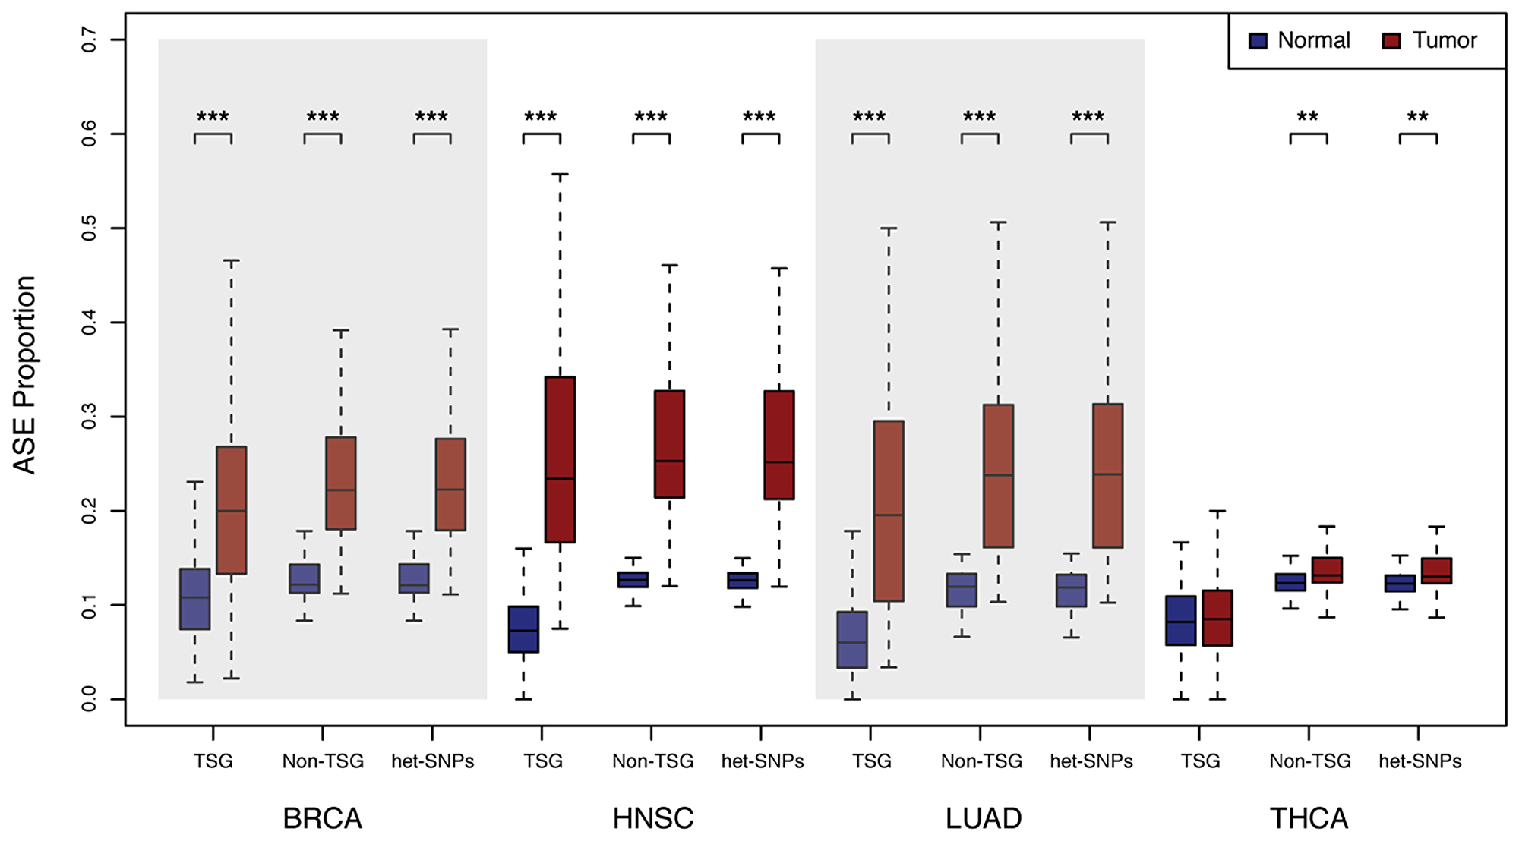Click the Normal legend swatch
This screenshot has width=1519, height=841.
pyautogui.click(x=1258, y=41)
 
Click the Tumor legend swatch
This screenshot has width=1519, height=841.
pyautogui.click(x=1391, y=41)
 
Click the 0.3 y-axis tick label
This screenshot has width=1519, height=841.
pyautogui.click(x=89, y=417)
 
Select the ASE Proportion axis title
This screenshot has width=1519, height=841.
pyautogui.click(x=24, y=375)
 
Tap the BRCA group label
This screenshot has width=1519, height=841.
pyautogui.click(x=322, y=818)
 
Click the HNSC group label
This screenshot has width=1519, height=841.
pyautogui.click(x=653, y=818)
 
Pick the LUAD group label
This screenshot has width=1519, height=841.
pyautogui.click(x=983, y=818)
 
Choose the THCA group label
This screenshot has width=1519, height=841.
pyautogui.click(x=1309, y=818)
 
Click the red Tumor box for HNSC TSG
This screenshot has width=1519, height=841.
pyautogui.click(x=560, y=459)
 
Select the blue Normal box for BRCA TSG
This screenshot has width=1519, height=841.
pyautogui.click(x=194, y=599)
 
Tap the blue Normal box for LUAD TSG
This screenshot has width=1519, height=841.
pyautogui.click(x=852, y=640)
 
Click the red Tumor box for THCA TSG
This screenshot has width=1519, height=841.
pyautogui.click(x=1217, y=618)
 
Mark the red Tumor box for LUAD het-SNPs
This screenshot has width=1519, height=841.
pyautogui.click(x=1108, y=475)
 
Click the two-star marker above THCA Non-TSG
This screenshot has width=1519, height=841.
pyautogui.click(x=1308, y=118)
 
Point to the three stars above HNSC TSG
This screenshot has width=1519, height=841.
pyautogui.click(x=541, y=118)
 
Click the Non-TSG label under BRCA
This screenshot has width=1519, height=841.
pyautogui.click(x=323, y=761)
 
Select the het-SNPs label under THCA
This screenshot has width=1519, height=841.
pyautogui.click(x=1420, y=761)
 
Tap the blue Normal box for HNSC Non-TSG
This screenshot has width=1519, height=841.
pyautogui.click(x=633, y=580)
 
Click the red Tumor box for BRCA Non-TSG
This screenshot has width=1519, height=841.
pyautogui.click(x=341, y=483)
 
